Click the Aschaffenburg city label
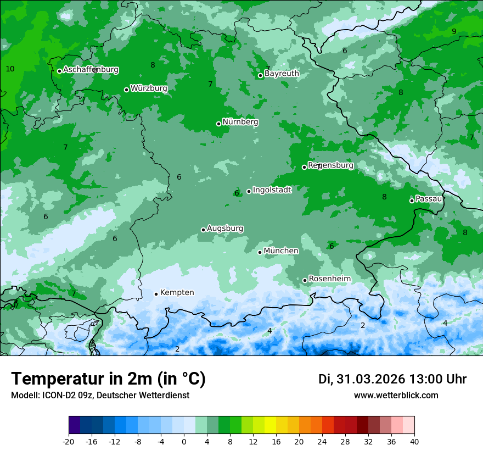91,70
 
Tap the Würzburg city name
149,88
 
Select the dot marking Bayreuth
261,76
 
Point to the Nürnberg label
240,122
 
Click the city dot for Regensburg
304,167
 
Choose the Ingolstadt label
272,190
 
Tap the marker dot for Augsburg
203,230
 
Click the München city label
281,251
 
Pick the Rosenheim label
329,279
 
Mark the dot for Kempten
156,294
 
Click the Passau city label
429,199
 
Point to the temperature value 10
10,69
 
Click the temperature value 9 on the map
454,31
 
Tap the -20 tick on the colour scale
69,441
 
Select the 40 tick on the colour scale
414,441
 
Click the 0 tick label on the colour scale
184,441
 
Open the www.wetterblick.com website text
396,396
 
